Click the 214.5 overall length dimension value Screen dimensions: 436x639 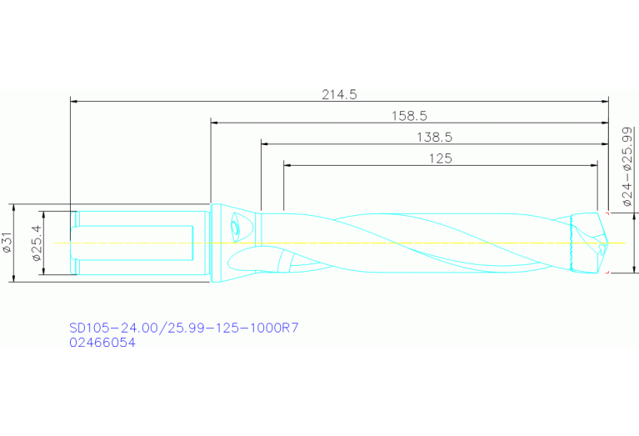[x=339, y=95]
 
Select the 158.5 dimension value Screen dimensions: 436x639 [x=409, y=116]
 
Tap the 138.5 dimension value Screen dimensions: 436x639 [x=433, y=137]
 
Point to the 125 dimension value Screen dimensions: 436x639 [x=440, y=158]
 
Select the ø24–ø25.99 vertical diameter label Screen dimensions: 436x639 [x=627, y=167]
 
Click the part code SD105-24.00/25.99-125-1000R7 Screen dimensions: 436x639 [x=182, y=328]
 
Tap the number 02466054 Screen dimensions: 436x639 [x=102, y=342]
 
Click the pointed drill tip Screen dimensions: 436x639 [x=607, y=243]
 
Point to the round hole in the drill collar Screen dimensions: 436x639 [x=239, y=227]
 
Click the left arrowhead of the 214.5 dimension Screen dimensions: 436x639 [x=73, y=102]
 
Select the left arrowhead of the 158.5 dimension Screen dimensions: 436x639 [x=214, y=123]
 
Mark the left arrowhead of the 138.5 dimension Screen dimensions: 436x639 [x=264, y=143]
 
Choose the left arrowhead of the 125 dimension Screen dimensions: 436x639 [x=287, y=165]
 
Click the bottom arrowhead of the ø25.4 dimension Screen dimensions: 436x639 [x=45, y=272]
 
